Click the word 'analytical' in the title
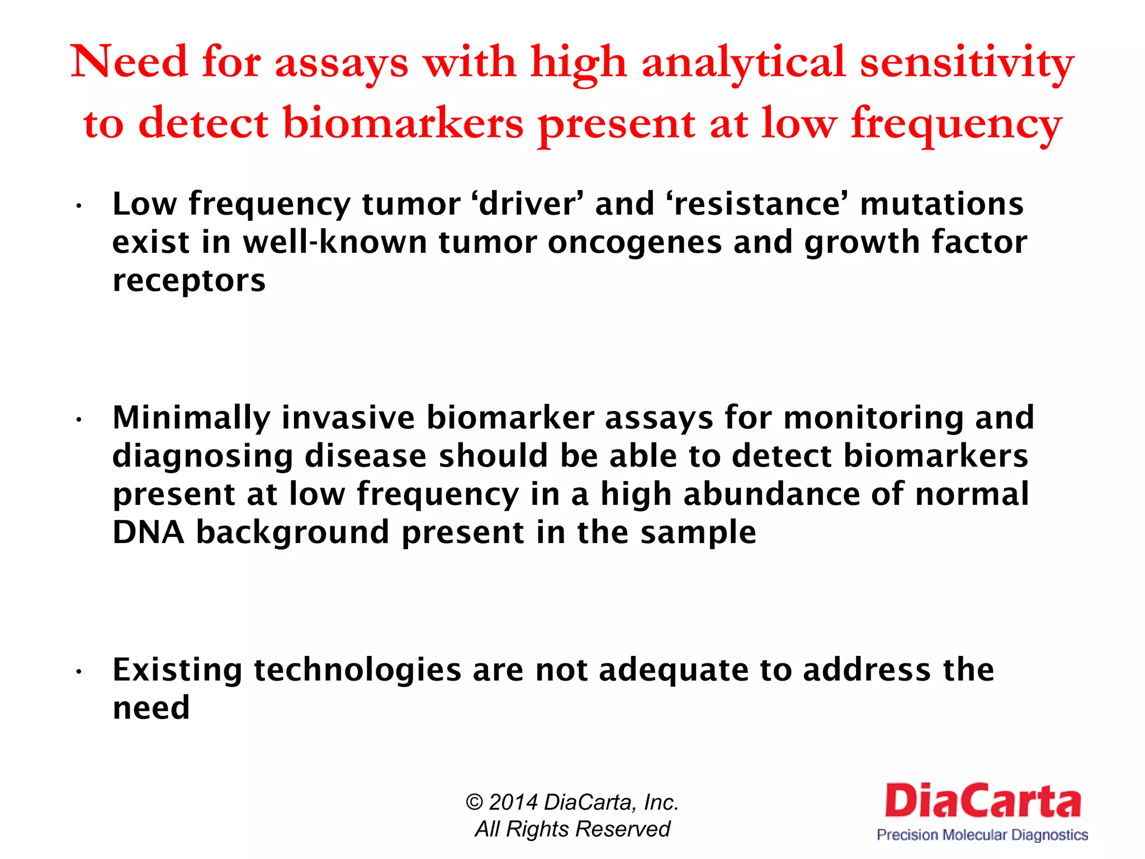click(743, 63)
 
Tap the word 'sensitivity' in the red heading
click(966, 63)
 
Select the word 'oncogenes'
click(634, 242)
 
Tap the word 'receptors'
click(189, 280)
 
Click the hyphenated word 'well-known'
click(335, 242)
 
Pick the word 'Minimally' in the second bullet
click(191, 418)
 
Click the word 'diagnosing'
click(202, 456)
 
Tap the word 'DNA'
click(148, 532)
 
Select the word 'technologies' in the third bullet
click(357, 669)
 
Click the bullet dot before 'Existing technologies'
click(80, 672)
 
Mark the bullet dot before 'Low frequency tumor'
click(80, 206)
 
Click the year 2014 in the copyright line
click(513, 803)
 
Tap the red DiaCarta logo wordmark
click(982, 801)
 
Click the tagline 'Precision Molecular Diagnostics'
click(982, 835)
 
